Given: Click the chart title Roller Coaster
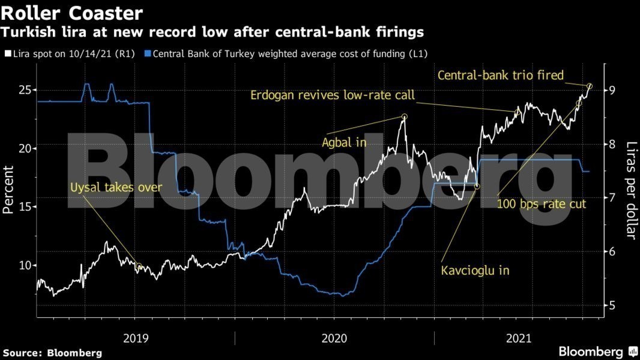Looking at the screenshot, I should coord(72,13).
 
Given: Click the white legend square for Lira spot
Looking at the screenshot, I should coord(7,54).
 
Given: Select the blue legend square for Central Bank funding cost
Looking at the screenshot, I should coord(148,54).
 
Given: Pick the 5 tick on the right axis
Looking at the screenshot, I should coord(609,305).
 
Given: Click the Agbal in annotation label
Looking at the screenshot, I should coord(344,143).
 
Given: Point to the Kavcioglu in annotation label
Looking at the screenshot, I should coord(475,271).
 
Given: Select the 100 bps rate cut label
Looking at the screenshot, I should coord(541,204).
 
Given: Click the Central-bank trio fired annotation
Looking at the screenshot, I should coord(501,76).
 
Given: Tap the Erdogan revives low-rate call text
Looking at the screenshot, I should coord(332,95).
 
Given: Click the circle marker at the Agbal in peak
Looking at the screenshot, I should coord(404,116).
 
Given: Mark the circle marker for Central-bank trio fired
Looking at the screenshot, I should coord(590,86).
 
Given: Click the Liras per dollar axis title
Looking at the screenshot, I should coord(630,190).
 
